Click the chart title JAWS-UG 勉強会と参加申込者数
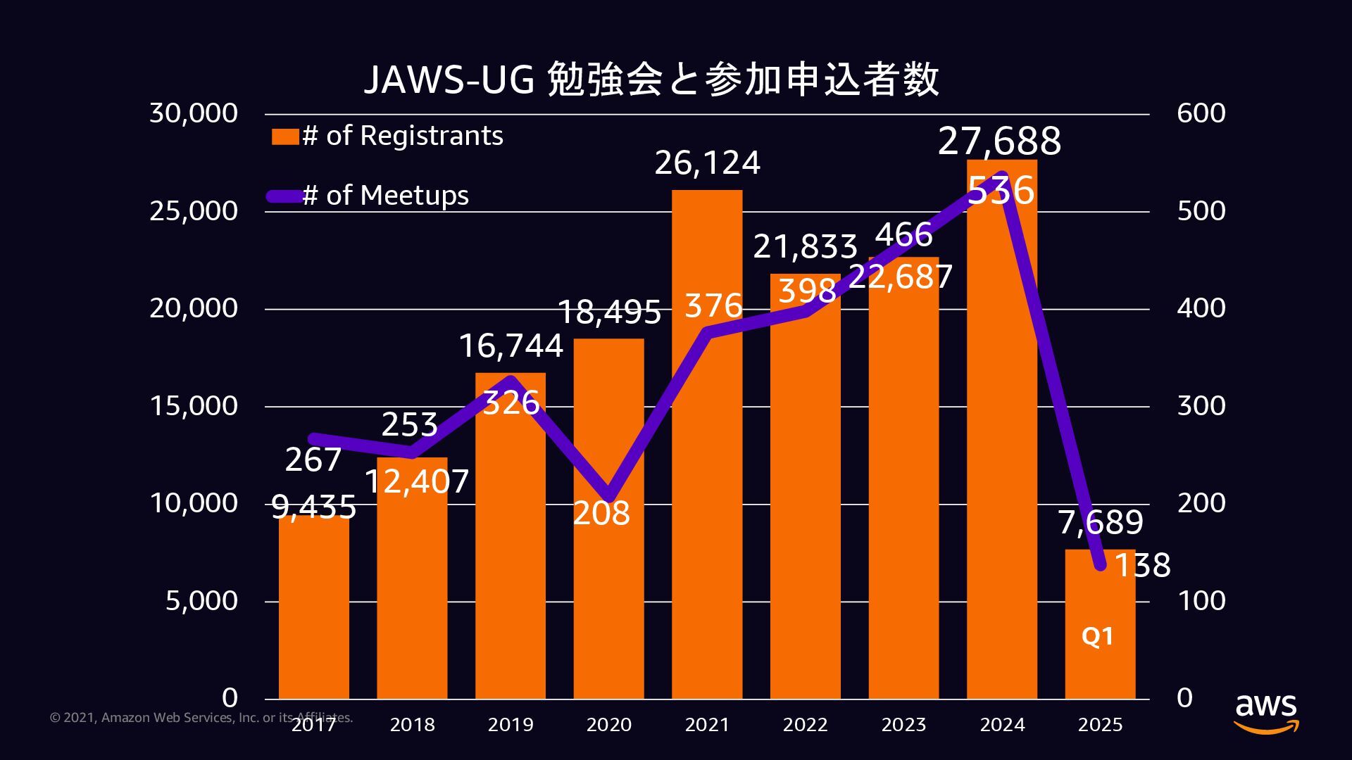click(x=651, y=79)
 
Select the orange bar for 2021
click(x=707, y=493)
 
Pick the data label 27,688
click(x=999, y=141)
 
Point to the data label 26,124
click(x=707, y=163)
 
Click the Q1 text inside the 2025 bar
click(x=1097, y=636)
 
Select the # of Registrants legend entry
click(x=388, y=136)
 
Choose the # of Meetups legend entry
click(x=369, y=196)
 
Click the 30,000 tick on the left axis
click(x=194, y=113)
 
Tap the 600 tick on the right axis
click(x=1201, y=113)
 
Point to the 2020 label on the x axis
click(x=608, y=725)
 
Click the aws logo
click(x=1265, y=713)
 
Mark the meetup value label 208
click(x=601, y=513)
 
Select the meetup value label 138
click(x=1142, y=565)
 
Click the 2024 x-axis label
click(x=1002, y=725)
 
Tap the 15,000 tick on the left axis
click(x=194, y=406)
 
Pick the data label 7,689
click(x=1100, y=523)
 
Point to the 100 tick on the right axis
click(x=1201, y=601)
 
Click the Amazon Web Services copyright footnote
click(x=201, y=718)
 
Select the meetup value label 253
click(x=409, y=425)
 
